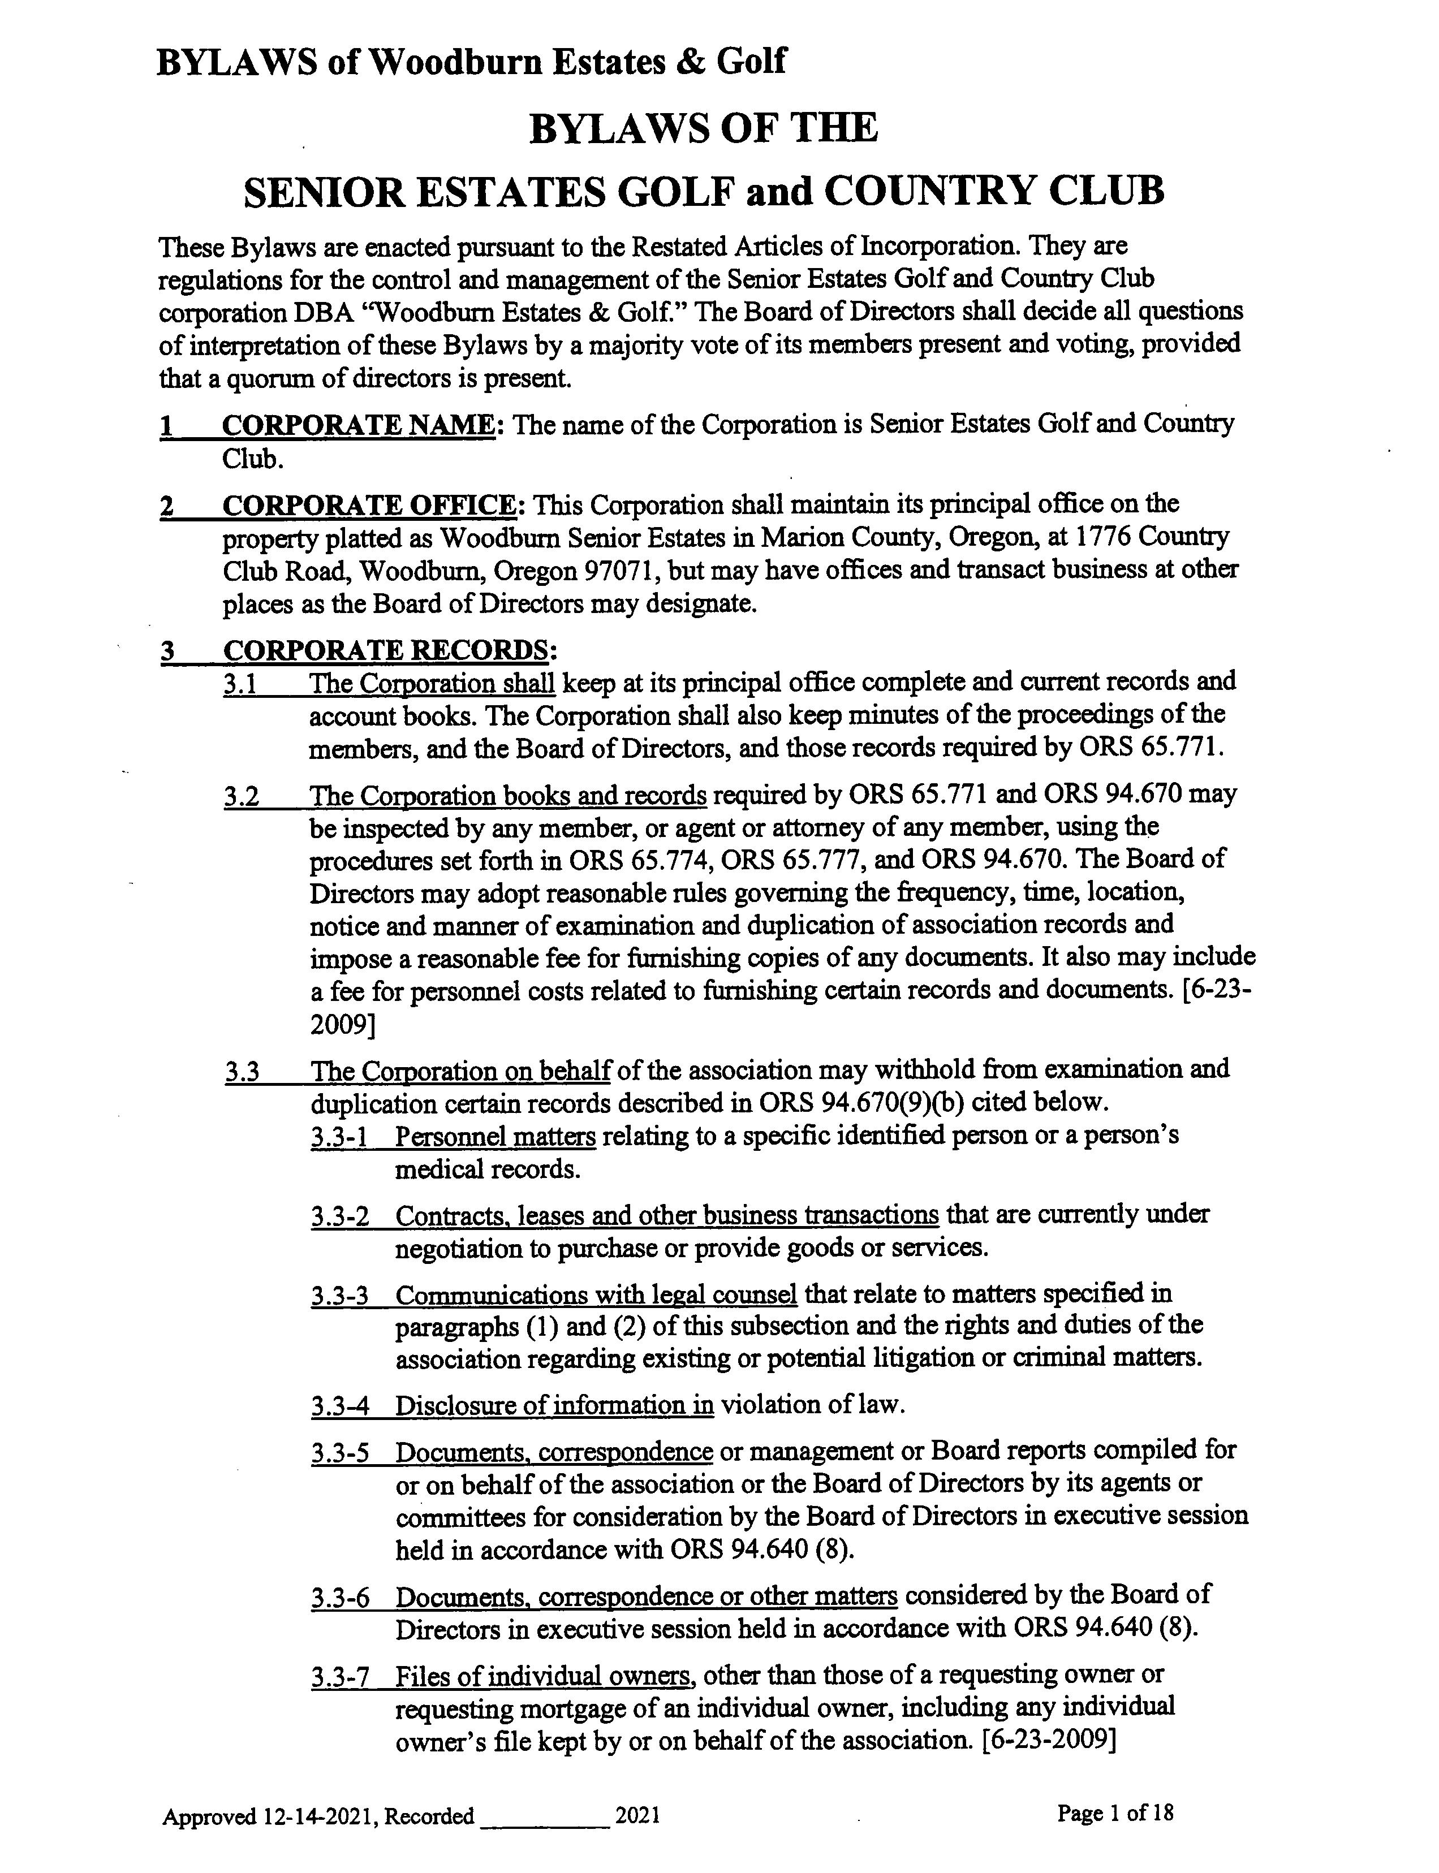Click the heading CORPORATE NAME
pyautogui.click(x=357, y=425)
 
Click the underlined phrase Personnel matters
pyautogui.click(x=495, y=1137)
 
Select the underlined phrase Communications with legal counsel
pyautogui.click(x=596, y=1295)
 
